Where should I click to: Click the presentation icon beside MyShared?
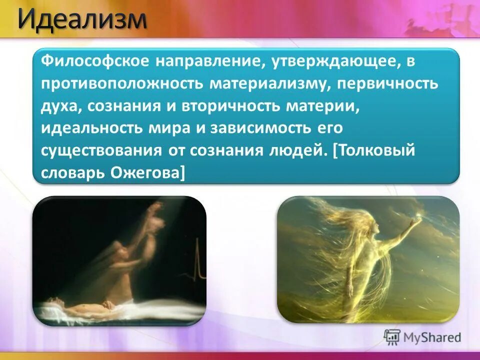tap(392, 337)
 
